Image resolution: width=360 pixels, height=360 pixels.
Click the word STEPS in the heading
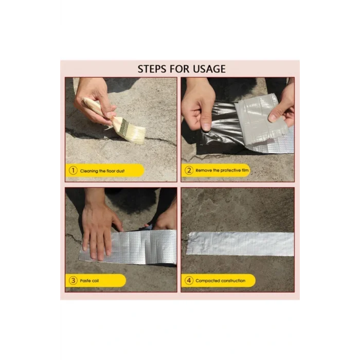point(152,69)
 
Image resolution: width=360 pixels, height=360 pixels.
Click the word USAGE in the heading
point(209,69)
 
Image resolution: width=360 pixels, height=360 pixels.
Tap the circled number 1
point(73,171)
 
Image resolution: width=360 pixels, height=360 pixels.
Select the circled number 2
point(189,170)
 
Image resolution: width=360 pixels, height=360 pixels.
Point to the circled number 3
point(73,280)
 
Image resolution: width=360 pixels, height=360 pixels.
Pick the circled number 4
point(189,280)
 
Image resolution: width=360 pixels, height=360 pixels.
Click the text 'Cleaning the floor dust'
point(102,171)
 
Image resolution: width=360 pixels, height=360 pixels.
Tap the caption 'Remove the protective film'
point(222,170)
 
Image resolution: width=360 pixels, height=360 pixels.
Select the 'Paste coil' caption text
point(89,281)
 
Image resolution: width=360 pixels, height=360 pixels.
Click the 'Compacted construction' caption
point(221,281)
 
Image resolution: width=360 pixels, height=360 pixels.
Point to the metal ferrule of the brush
point(124,127)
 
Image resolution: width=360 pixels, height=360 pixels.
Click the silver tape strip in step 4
point(240,244)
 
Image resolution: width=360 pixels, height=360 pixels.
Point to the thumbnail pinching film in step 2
point(206,127)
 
